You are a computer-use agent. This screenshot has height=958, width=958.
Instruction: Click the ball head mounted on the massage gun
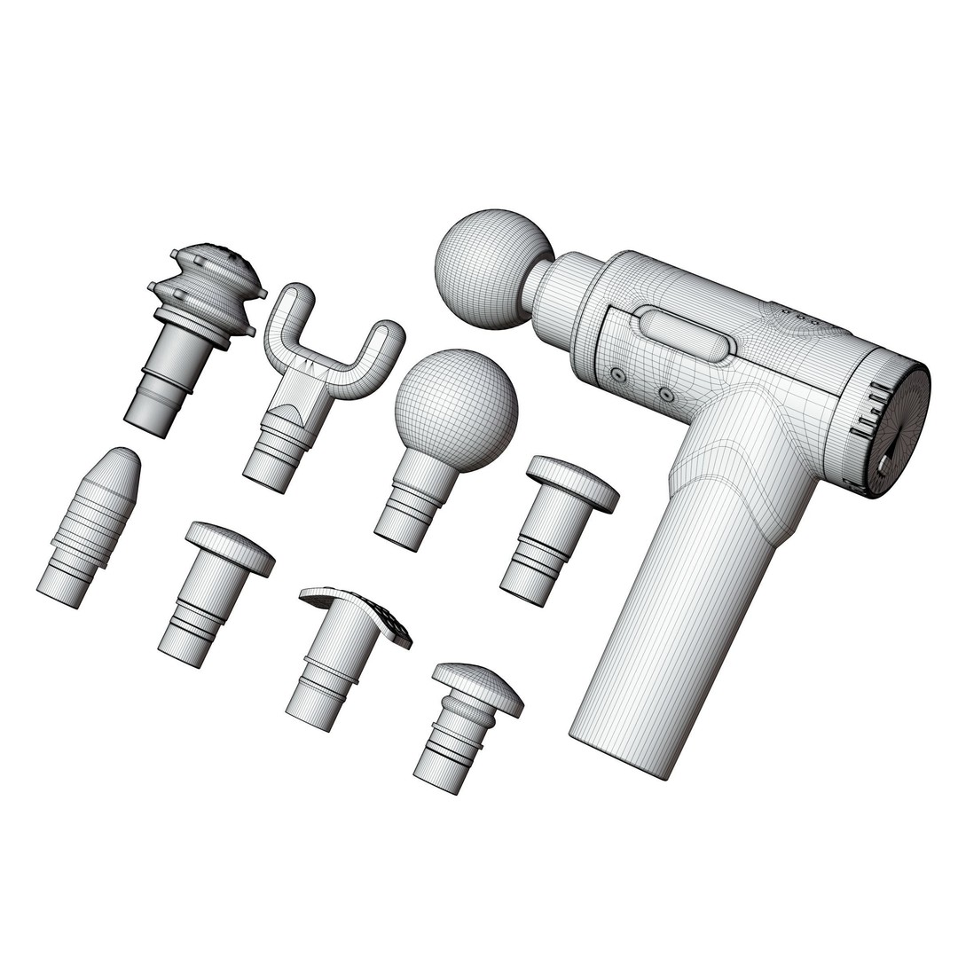tap(493, 268)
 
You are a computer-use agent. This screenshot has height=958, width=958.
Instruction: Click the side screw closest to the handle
tap(665, 393)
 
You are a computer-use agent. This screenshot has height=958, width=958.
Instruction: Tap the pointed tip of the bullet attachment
tap(127, 457)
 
